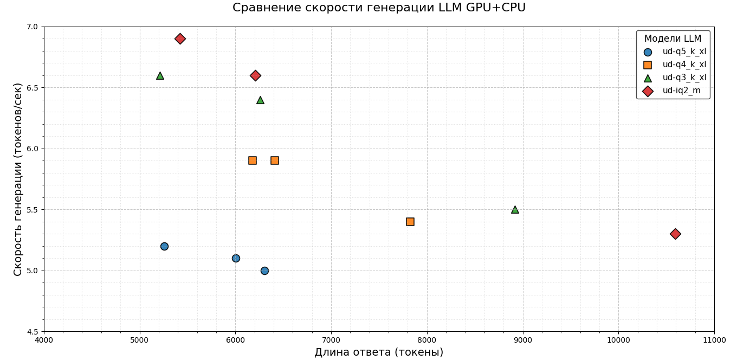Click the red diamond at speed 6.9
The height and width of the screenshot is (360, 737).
[x=180, y=39]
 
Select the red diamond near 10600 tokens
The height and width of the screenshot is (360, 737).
[x=675, y=234]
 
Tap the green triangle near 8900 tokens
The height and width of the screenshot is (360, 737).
[x=515, y=210]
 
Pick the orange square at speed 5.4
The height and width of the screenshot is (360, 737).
[x=410, y=222]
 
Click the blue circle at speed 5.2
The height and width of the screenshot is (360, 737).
[x=164, y=246]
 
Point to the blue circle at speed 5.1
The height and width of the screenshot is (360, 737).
[x=236, y=258]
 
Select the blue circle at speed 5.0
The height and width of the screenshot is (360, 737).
[x=264, y=271]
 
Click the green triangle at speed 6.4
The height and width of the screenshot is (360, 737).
[x=260, y=100]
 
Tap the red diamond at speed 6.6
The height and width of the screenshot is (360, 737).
[x=255, y=75]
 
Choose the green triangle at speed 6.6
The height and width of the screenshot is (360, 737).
[x=160, y=76]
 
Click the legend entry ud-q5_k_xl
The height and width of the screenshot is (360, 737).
[x=684, y=52]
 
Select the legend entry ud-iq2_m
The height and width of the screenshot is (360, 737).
[x=681, y=91]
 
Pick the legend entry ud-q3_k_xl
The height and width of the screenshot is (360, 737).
[x=684, y=78]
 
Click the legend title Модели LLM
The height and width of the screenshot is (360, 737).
[x=673, y=39]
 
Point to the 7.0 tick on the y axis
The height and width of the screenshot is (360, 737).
[x=33, y=27]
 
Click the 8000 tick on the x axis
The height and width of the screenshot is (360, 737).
[x=427, y=340]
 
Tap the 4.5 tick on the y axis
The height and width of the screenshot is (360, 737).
[x=33, y=331]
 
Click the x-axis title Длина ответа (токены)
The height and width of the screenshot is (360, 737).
[x=379, y=352]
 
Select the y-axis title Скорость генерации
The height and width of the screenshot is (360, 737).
[x=18, y=179]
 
